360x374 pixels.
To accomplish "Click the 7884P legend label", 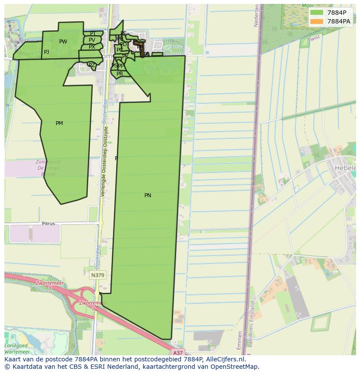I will point(337,13).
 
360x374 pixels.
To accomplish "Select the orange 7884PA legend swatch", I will point(317,21).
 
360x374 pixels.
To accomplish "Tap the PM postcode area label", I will point(59,123).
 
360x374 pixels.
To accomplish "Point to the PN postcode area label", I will point(148,195).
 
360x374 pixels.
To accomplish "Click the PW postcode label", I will point(63,42).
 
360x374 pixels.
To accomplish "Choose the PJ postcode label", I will point(47,52).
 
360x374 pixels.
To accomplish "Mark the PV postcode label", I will point(92,40).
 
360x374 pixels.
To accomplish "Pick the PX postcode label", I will point(92,47).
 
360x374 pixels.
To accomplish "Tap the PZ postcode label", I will point(92,65).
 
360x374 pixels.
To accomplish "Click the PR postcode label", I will point(120,74).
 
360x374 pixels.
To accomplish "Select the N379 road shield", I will point(98,275).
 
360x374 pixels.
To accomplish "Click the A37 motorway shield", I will point(177,353).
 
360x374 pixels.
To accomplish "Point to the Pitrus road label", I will point(48,224).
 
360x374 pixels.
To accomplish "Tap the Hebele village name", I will point(345,168).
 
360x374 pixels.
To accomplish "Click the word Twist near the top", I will point(313,39).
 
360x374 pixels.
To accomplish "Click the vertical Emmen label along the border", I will point(240,340).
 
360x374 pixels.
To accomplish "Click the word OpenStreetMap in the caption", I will point(234,367).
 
